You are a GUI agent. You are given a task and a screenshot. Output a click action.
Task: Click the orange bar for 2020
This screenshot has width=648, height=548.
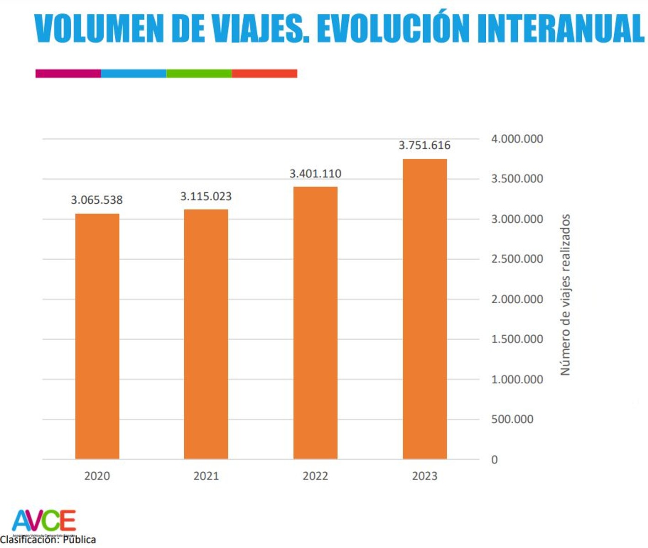click(x=97, y=336)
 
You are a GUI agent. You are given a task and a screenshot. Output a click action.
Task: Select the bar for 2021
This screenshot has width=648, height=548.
click(x=206, y=334)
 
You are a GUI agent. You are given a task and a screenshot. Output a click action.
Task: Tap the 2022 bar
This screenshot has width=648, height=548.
click(x=315, y=322)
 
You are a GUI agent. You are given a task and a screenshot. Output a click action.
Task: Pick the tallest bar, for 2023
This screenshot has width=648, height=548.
click(x=425, y=309)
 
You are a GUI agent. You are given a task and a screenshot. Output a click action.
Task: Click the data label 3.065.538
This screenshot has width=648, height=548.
click(x=97, y=200)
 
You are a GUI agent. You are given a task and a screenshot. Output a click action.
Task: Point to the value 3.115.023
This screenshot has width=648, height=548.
click(x=206, y=196)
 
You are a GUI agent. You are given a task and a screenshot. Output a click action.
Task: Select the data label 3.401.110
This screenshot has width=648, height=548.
click(x=315, y=174)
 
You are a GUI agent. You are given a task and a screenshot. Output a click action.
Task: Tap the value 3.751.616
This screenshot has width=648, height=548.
click(x=425, y=145)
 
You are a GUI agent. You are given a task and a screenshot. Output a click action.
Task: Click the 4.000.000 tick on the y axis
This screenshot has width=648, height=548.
click(x=517, y=139)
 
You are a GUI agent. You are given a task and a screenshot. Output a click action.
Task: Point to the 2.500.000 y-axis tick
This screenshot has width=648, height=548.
click(x=517, y=259)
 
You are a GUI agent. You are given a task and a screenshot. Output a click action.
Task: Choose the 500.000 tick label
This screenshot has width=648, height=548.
click(x=512, y=419)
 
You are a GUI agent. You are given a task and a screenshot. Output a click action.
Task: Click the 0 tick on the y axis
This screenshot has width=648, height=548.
click(x=494, y=460)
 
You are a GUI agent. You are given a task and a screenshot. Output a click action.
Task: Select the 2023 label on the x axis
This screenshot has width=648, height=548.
click(x=425, y=476)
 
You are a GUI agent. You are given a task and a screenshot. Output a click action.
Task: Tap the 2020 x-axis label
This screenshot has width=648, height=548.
click(x=97, y=476)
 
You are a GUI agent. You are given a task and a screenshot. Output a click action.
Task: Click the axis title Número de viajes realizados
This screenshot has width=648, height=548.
click(x=565, y=295)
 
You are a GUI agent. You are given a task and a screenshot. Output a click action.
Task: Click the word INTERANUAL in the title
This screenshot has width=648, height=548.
click(x=560, y=28)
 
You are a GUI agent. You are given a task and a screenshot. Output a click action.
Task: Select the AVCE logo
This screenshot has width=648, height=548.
click(x=44, y=521)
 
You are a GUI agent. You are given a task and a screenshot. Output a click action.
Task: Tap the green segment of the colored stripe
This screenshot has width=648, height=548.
click(x=199, y=74)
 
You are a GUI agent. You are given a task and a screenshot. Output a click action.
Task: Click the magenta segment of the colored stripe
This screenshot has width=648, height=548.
click(x=68, y=74)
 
